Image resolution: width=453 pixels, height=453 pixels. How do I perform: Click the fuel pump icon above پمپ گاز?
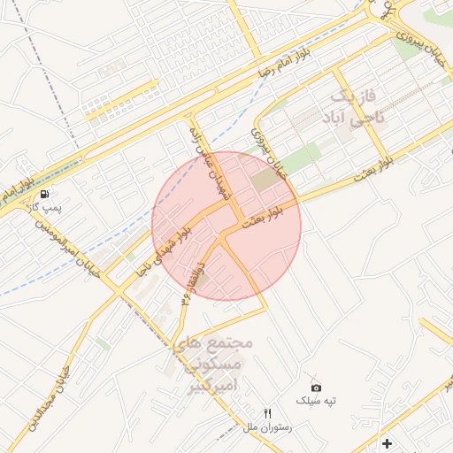[44, 194]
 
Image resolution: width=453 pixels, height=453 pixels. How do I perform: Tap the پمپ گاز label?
[41, 208]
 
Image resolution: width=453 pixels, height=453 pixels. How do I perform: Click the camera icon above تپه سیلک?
[317, 388]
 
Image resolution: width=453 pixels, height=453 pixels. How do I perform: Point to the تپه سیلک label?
[317, 401]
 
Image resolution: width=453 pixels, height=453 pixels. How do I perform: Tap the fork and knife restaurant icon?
[268, 413]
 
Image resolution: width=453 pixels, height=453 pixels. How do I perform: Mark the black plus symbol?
[386, 442]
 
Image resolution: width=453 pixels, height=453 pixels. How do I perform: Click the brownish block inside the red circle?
[264, 180]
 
